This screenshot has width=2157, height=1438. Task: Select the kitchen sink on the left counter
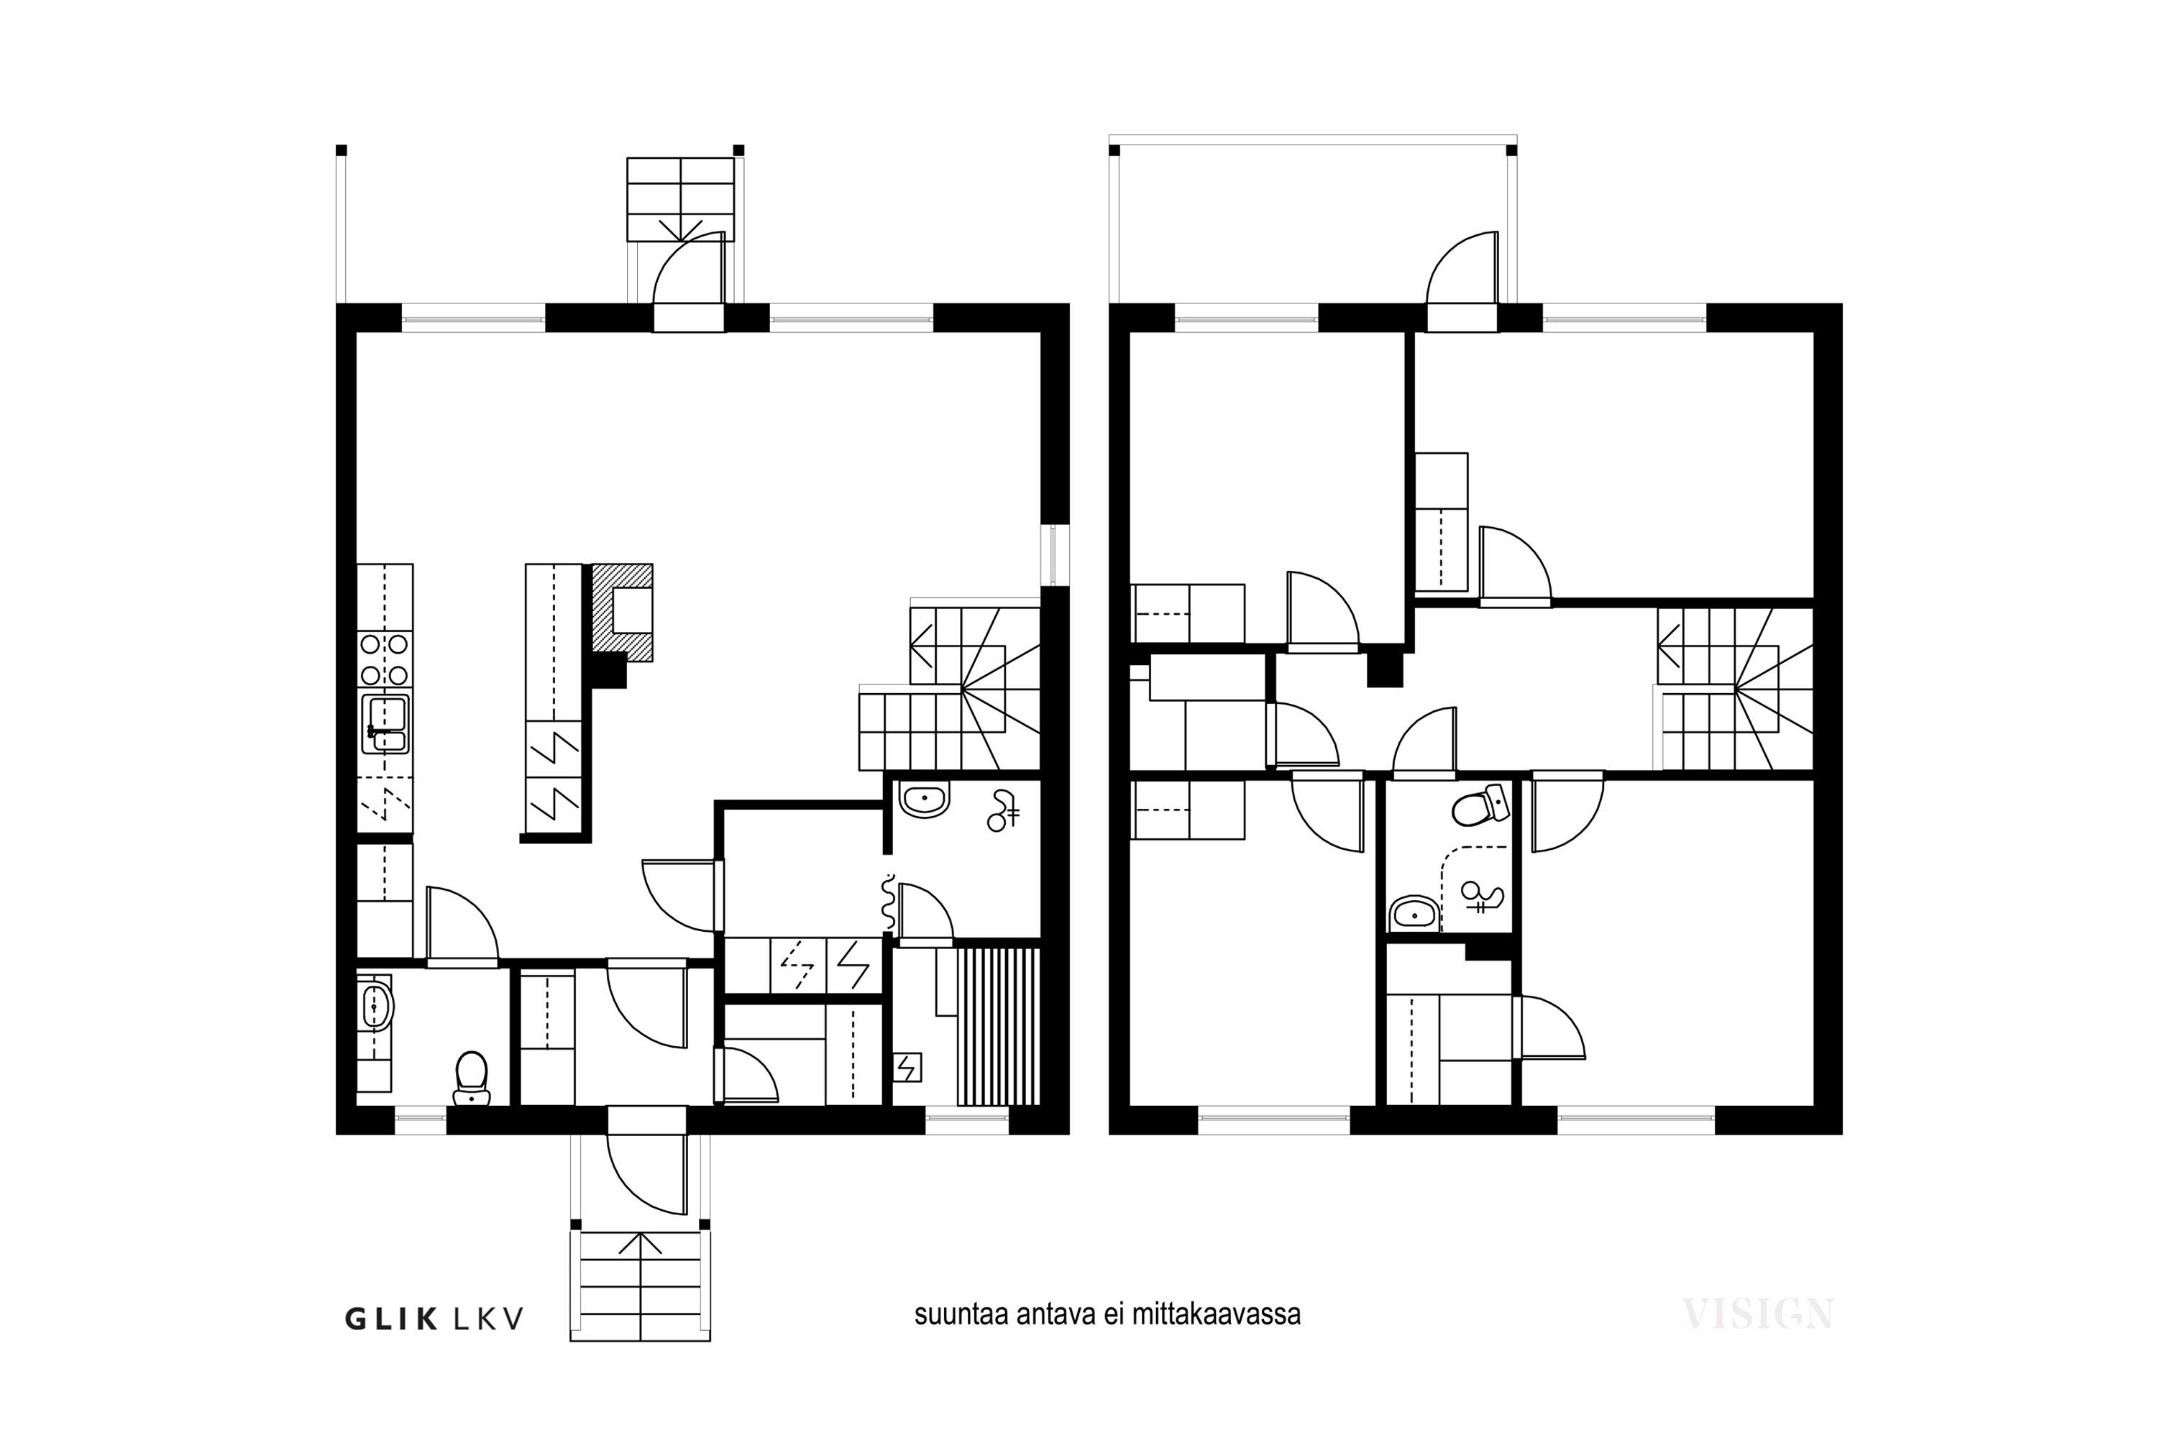pyautogui.click(x=385, y=723)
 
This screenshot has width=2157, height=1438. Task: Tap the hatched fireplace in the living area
pyautogui.click(x=623, y=613)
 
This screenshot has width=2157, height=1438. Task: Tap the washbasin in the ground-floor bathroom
pyautogui.click(x=925, y=799)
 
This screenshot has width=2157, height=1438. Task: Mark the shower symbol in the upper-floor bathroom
pyautogui.click(x=1481, y=897)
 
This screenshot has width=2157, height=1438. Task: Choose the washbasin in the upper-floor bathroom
pyautogui.click(x=1415, y=913)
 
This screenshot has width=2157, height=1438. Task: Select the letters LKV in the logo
pyautogui.click(x=490, y=1319)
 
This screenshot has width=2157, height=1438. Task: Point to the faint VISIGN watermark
pyautogui.click(x=1757, y=1314)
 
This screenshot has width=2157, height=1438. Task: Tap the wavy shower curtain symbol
pyautogui.click(x=888, y=902)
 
